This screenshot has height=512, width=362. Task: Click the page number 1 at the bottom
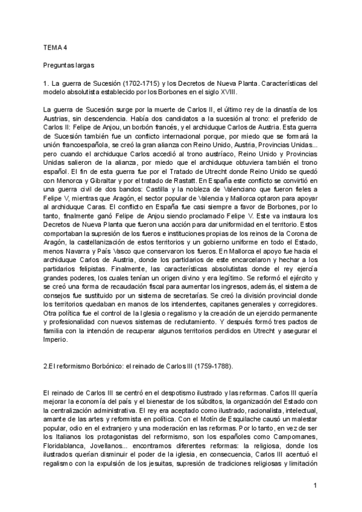point(315,485)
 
